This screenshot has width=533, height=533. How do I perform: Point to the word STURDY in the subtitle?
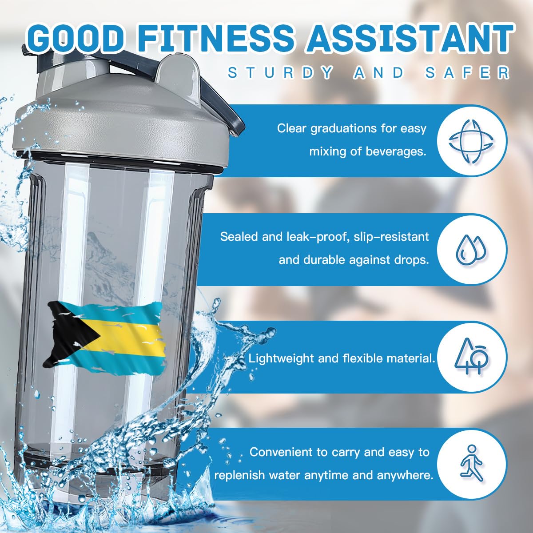[x=280, y=72]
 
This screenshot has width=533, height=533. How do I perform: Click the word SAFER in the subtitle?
[x=467, y=72]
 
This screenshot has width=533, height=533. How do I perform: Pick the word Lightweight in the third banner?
[x=282, y=358]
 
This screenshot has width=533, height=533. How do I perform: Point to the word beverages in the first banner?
[x=395, y=152]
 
